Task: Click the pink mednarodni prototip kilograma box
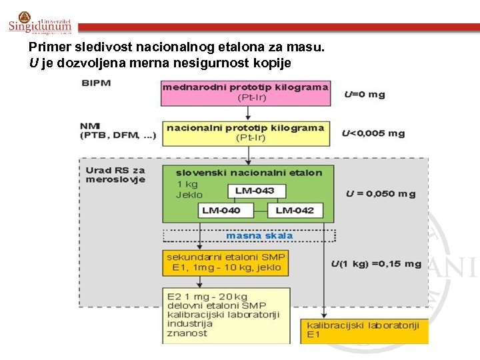(x=245, y=93)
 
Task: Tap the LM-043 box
(x=256, y=191)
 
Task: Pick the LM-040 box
(x=227, y=211)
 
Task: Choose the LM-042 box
(x=295, y=211)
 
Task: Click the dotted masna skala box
(x=249, y=236)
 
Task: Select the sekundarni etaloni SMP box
(x=226, y=263)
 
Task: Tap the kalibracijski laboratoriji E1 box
(x=364, y=331)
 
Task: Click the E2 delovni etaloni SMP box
(x=226, y=315)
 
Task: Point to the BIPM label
(x=96, y=83)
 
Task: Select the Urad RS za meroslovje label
(x=115, y=175)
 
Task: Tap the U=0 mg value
(x=365, y=94)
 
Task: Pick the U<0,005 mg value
(x=373, y=133)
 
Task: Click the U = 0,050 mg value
(x=380, y=194)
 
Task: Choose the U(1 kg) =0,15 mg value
(x=376, y=264)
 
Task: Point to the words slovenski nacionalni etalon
(x=249, y=173)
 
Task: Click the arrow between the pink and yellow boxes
(x=248, y=113)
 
